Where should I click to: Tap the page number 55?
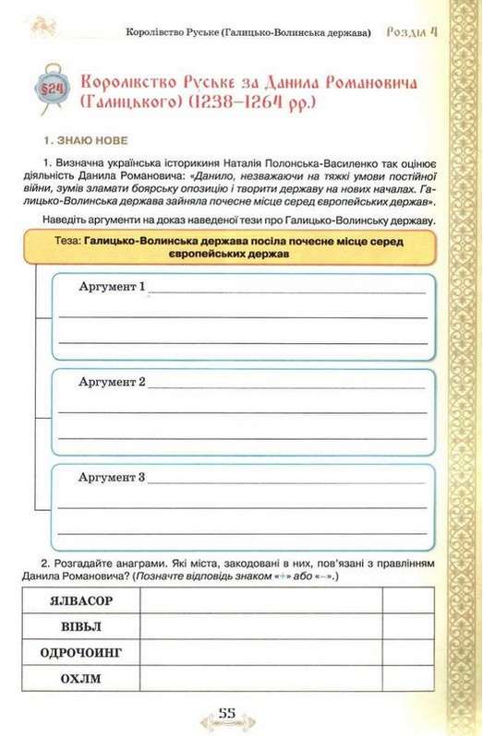coord(228,712)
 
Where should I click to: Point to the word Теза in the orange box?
coord(65,240)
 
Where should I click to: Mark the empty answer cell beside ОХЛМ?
coord(260,679)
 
